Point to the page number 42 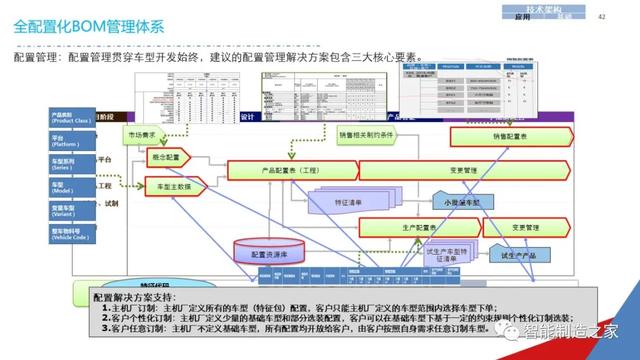point(602,16)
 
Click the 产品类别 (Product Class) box point(71,118)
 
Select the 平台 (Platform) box point(71,141)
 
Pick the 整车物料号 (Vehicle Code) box point(71,234)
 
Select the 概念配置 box point(165,158)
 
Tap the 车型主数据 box point(175,187)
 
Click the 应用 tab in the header point(521,17)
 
